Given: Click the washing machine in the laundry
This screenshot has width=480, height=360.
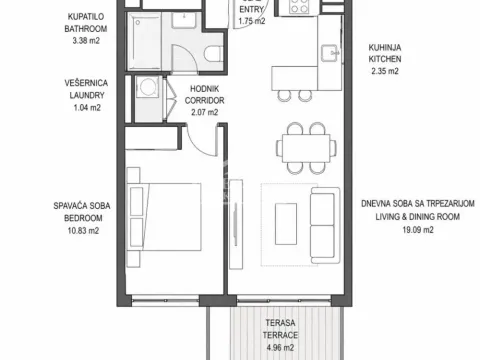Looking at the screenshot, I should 149,89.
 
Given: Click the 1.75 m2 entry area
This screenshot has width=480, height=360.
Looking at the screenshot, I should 249,19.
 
